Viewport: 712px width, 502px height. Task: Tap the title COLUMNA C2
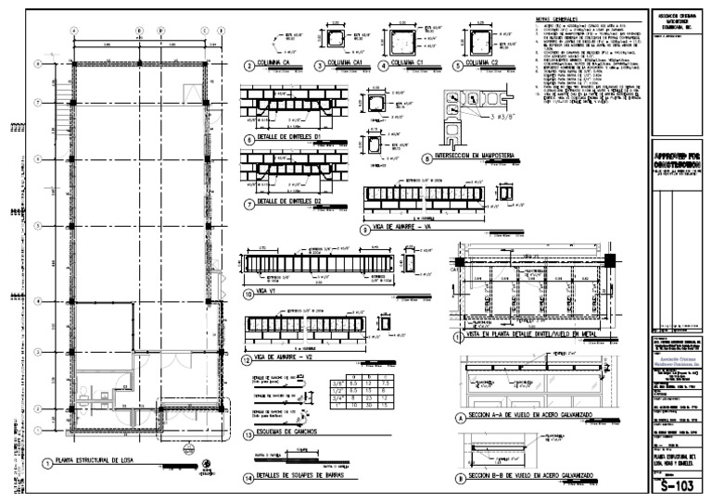(481, 66)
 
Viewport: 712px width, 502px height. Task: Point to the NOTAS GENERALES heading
(556, 19)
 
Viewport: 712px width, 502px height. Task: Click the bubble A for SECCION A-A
(460, 419)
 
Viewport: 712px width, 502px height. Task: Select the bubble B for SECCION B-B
(460, 478)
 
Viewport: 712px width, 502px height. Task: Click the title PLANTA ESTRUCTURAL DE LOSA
(103, 460)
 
